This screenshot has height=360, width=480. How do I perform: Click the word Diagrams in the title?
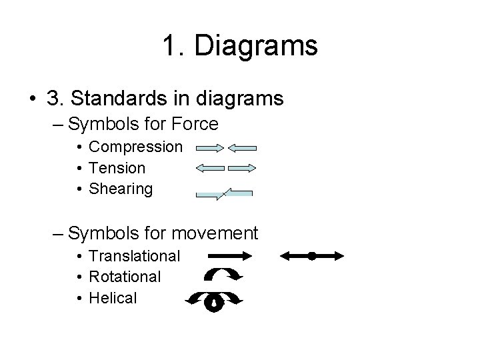pyautogui.click(x=257, y=47)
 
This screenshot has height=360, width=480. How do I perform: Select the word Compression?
pyautogui.click(x=135, y=146)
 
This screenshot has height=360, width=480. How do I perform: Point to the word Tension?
pyautogui.click(x=117, y=167)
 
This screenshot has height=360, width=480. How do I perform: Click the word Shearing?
pyautogui.click(x=121, y=189)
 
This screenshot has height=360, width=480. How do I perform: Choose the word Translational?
pyautogui.click(x=134, y=255)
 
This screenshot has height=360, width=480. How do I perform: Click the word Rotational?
pyautogui.click(x=125, y=276)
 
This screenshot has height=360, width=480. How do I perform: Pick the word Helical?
pyautogui.click(x=113, y=297)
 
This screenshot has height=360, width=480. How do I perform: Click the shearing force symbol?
pyautogui.click(x=225, y=193)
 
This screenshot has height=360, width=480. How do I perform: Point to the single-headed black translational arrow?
pyautogui.click(x=229, y=255)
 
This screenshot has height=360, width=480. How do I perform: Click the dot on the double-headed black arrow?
pyautogui.click(x=311, y=255)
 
